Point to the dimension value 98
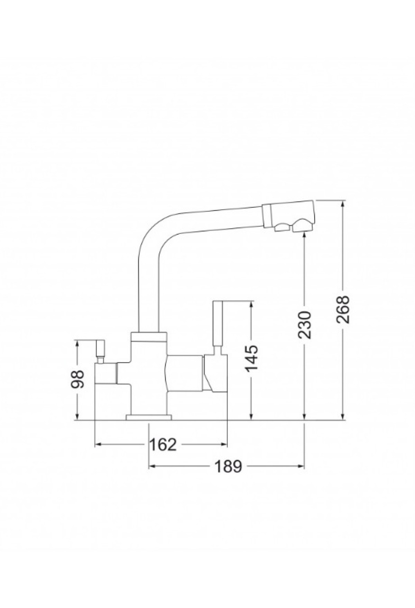coord(79,380)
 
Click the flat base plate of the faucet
coord(149,417)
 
